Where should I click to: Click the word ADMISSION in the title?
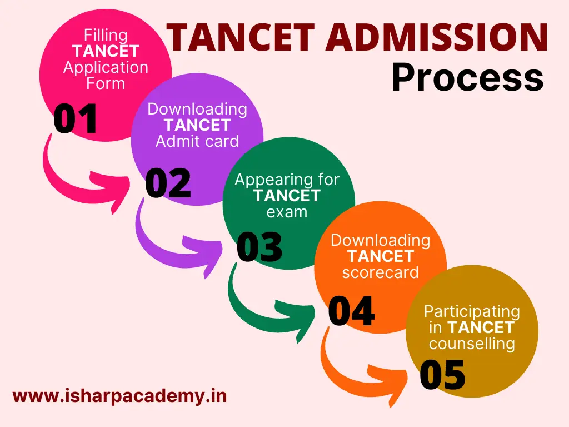pos(437,37)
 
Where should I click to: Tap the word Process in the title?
pos(468,78)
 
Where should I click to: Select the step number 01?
pos(75,118)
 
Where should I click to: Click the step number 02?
pos(168,183)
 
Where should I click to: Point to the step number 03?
pos(259,247)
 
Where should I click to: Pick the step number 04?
pos(351,311)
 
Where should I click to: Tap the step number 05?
pos(442,375)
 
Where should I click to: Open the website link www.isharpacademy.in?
pos(120,396)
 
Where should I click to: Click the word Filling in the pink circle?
pos(106,35)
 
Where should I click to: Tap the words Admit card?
pos(197,141)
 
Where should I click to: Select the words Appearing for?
pos(287,180)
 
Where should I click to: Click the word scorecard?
pos(380,272)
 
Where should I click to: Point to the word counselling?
pos(472,344)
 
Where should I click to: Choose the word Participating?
pos(472,312)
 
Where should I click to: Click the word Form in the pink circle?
pos(106,83)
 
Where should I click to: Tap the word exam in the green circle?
pos(287,212)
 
